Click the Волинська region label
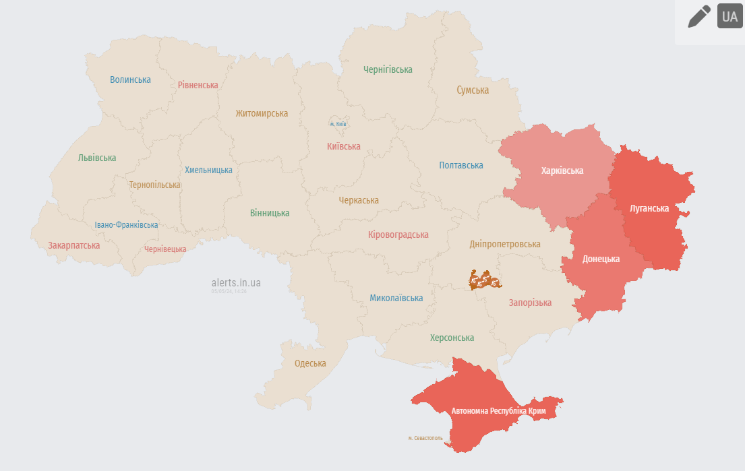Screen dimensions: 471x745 (x=130, y=80)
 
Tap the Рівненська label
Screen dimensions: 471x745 (x=198, y=85)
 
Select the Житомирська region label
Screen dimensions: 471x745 (x=262, y=113)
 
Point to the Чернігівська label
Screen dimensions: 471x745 (x=388, y=69)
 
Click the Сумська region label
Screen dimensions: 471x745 (x=473, y=90)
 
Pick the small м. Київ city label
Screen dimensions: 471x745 (x=338, y=124)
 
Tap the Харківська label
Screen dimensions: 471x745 (x=562, y=170)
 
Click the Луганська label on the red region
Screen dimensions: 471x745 (x=649, y=208)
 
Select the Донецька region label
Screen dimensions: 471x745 (x=601, y=259)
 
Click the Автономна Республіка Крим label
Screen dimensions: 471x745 (x=498, y=410)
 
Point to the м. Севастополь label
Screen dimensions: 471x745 (x=425, y=438)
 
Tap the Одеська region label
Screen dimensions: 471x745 (x=310, y=363)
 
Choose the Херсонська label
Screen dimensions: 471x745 (x=452, y=338)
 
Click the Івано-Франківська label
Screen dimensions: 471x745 (x=126, y=224)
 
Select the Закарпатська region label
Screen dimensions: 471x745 (x=73, y=245)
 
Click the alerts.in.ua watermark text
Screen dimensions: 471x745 (x=236, y=283)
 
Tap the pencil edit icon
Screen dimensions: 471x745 (x=698, y=16)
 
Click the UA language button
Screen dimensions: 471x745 (x=729, y=17)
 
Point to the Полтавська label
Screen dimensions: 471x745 (x=461, y=165)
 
